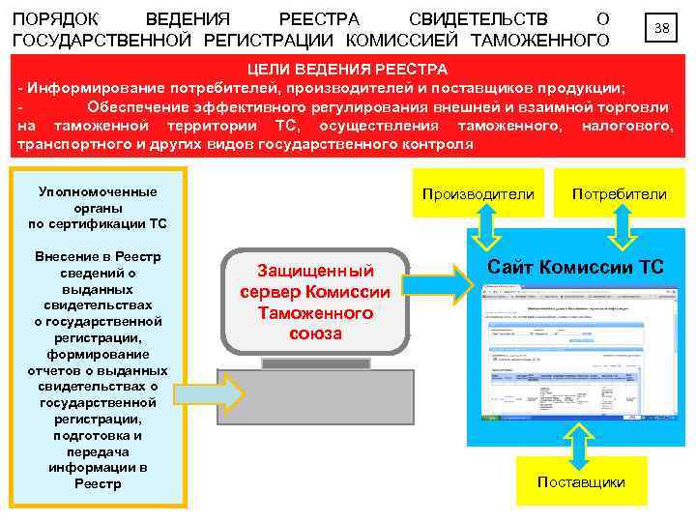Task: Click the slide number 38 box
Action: [662, 28]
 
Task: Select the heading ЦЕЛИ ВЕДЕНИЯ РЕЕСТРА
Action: [347, 70]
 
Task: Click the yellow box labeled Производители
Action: [478, 194]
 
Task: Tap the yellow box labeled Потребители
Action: [619, 194]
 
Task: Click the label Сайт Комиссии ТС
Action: [576, 267]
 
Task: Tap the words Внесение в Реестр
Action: [97, 257]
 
